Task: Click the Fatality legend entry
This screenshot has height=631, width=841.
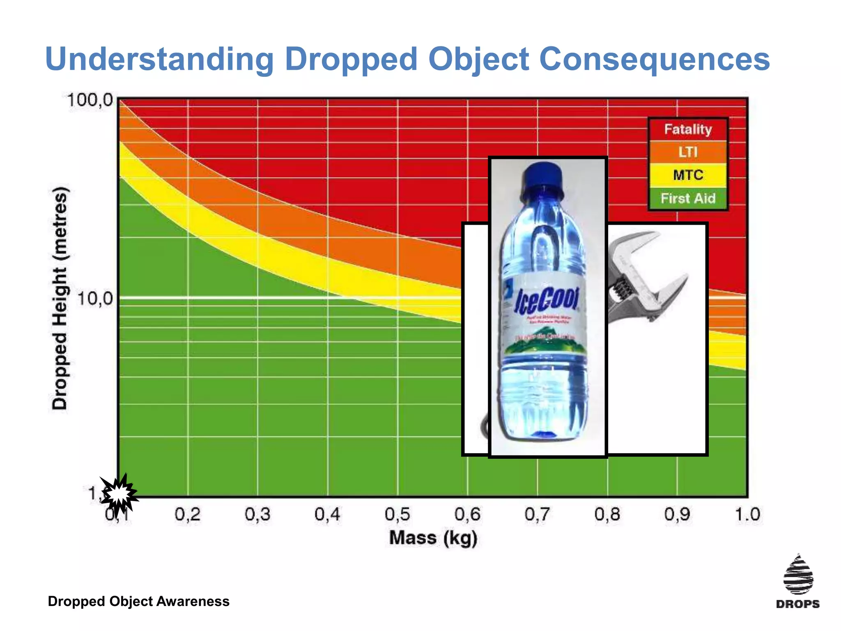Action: pyautogui.click(x=688, y=129)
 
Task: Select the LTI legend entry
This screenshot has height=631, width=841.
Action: pyautogui.click(x=688, y=152)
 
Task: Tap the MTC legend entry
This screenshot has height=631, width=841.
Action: pyautogui.click(x=688, y=175)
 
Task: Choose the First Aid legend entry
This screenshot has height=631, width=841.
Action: pyautogui.click(x=688, y=198)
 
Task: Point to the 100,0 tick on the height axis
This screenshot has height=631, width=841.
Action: pyautogui.click(x=90, y=100)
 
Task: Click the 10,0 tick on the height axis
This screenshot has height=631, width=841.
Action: pyautogui.click(x=95, y=299)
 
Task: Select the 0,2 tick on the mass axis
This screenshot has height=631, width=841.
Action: pyautogui.click(x=188, y=514)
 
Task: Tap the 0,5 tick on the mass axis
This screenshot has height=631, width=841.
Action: pyautogui.click(x=398, y=514)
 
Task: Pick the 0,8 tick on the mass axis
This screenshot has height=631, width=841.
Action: pyautogui.click(x=607, y=514)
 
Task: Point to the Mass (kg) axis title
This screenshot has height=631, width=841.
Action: pyautogui.click(x=433, y=538)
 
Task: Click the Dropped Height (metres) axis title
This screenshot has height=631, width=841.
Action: pyautogui.click(x=60, y=298)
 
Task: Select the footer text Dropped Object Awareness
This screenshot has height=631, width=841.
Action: pyautogui.click(x=138, y=601)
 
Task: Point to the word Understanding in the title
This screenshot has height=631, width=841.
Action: pyautogui.click(x=159, y=59)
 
